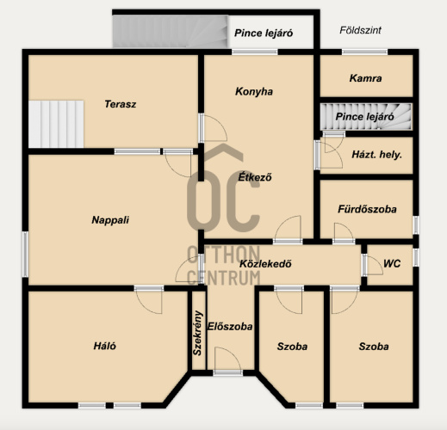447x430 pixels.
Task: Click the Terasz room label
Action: (121, 104)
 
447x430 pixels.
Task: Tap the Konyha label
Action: (254, 92)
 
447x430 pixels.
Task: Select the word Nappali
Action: (110, 220)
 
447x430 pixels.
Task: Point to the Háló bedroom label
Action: (105, 346)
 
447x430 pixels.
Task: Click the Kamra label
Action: (365, 78)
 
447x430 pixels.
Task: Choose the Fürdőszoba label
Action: (367, 209)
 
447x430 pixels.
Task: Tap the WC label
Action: (392, 263)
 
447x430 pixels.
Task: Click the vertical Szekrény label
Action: (197, 333)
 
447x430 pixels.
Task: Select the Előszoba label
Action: (230, 327)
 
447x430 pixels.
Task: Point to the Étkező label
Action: (255, 177)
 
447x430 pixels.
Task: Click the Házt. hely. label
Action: (376, 155)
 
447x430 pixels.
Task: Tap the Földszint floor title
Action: (360, 30)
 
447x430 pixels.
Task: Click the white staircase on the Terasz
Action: (56, 124)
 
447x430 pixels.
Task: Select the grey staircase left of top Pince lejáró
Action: (171, 31)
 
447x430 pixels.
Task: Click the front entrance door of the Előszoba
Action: (227, 360)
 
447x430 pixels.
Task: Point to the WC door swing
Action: (373, 265)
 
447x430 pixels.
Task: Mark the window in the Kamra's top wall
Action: (364, 52)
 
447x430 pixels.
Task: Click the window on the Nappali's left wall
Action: (25, 255)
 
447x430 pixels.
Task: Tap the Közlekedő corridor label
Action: (265, 264)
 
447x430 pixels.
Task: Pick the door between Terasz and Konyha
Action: (213, 128)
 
